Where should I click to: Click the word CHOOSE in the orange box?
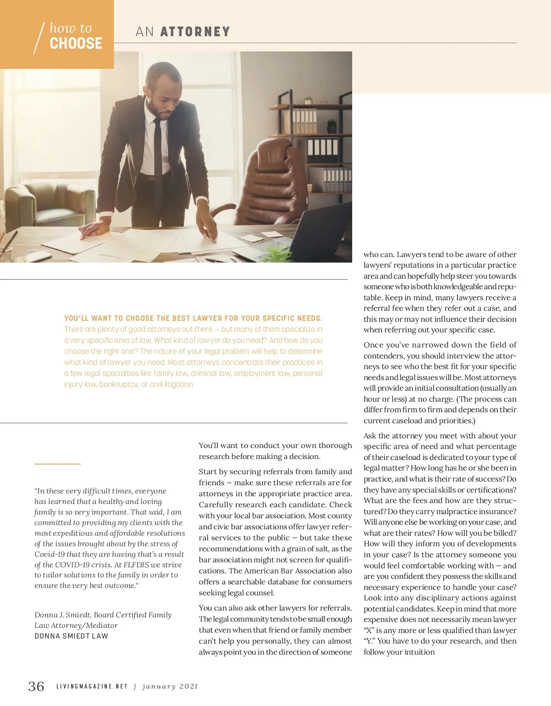pos(76,44)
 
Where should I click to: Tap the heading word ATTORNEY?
pos(195,32)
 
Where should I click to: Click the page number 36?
pos(36,686)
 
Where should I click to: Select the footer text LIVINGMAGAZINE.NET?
pos(92,687)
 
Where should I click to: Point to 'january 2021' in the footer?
pos(170,687)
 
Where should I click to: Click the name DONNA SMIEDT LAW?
pos(71,636)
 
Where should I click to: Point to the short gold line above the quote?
pos(57,464)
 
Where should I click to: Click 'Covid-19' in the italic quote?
pos(51,555)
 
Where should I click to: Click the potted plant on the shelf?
pos(332,126)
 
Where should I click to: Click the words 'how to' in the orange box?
pos(71,28)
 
